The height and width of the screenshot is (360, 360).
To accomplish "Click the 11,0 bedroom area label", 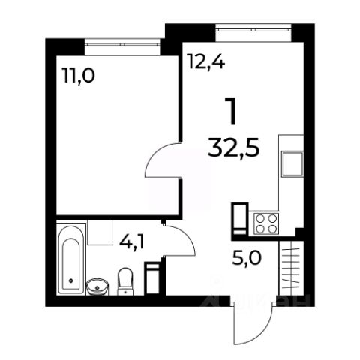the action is point(79,76).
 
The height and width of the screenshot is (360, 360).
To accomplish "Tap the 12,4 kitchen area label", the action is point(207,61).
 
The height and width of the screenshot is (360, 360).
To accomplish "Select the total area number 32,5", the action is point(234,148).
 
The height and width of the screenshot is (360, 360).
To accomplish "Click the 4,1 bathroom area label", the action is point(132,241).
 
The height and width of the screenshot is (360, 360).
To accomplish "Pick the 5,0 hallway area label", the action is point(247,258).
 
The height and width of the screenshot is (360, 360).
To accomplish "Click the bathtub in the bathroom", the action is point(71,259).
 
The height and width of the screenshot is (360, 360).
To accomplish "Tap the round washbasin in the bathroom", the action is point(97,286).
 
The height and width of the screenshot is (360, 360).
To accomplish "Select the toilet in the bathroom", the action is point(125,281).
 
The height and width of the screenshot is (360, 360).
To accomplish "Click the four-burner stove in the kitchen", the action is point(266,223).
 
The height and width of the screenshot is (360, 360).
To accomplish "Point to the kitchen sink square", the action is point(292,163).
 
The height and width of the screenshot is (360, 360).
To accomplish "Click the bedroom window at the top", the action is point(122,44).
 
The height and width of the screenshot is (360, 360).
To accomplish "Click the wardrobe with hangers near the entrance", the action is point(292,268).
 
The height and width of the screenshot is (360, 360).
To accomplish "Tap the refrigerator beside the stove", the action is point(241,219).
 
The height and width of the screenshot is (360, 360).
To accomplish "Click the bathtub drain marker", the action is point(71,280).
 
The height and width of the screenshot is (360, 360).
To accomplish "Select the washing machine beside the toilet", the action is point(153,277).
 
